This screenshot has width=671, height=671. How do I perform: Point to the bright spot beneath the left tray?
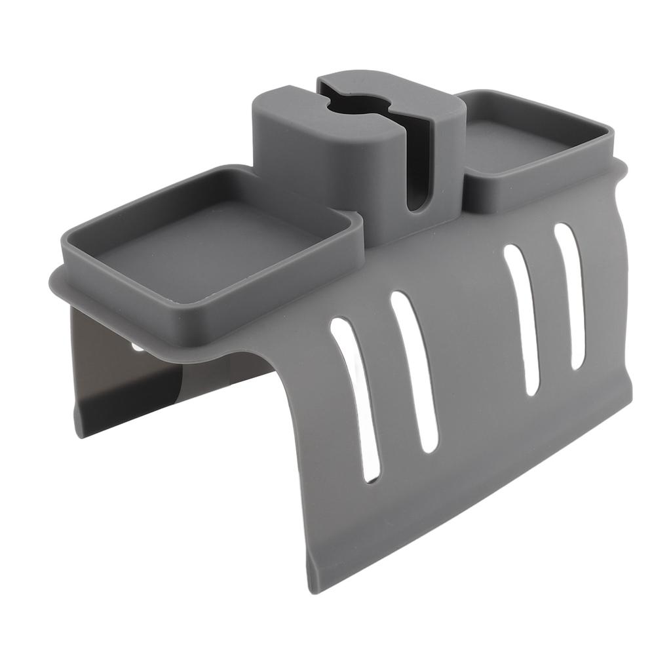(x=138, y=348)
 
